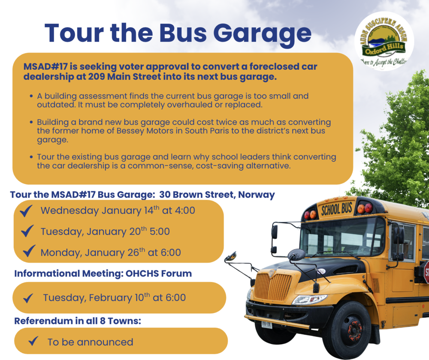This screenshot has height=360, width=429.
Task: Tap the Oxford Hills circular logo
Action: tap(384, 41)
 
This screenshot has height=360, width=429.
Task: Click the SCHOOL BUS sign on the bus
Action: tap(336, 209)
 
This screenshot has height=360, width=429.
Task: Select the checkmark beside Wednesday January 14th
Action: tap(27, 211)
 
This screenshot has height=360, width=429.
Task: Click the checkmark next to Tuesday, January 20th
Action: tap(27, 231)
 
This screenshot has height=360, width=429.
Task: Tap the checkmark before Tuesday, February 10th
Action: tap(28, 297)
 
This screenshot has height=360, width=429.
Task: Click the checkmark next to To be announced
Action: tap(33, 342)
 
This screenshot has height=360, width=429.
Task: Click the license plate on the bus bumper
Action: tap(266, 324)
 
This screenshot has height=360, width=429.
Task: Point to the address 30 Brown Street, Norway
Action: tap(217, 195)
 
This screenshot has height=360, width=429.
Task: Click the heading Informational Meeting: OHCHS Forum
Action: tap(103, 273)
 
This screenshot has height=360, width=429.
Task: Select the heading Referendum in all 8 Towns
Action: tap(78, 321)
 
